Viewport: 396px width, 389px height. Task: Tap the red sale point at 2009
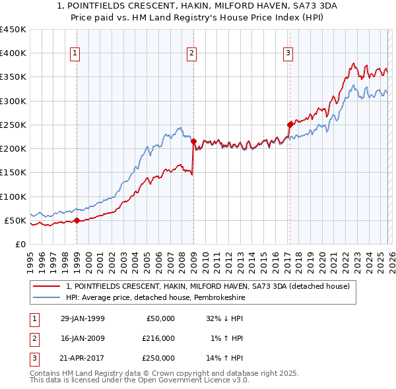point(193,140)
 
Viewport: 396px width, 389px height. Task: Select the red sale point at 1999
point(77,220)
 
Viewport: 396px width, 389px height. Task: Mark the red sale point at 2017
point(290,124)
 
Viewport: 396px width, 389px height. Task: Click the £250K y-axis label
point(13,125)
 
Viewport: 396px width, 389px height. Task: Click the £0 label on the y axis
point(19,244)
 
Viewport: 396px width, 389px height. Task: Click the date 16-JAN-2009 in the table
point(82,338)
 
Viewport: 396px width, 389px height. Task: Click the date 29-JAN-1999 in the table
point(82,318)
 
